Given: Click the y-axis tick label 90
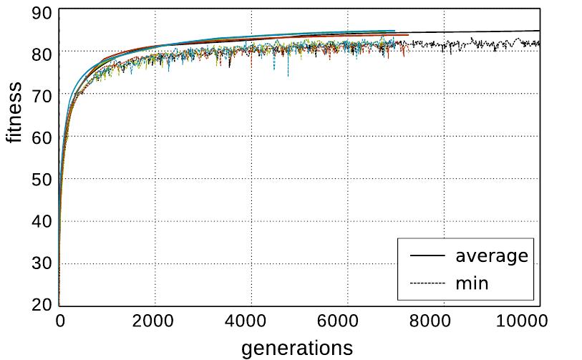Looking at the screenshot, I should pos(42,12).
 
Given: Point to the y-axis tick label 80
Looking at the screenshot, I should pos(42,53).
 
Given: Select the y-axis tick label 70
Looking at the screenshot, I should pos(42,94).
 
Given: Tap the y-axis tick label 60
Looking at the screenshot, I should pos(42,137).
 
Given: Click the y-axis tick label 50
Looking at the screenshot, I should pos(42,179).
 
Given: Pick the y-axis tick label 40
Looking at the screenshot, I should pos(42,221).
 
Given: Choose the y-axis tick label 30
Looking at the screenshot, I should pos(42,263).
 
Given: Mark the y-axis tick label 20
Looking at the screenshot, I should pos(42,305).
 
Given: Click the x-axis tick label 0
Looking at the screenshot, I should pos(60,321).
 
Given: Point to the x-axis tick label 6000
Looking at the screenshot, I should pos(348,321).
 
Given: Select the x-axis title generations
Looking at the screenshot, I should pos(297,348).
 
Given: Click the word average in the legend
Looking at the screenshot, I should pos(492,256).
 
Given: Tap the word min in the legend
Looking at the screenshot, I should pos(472,283).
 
